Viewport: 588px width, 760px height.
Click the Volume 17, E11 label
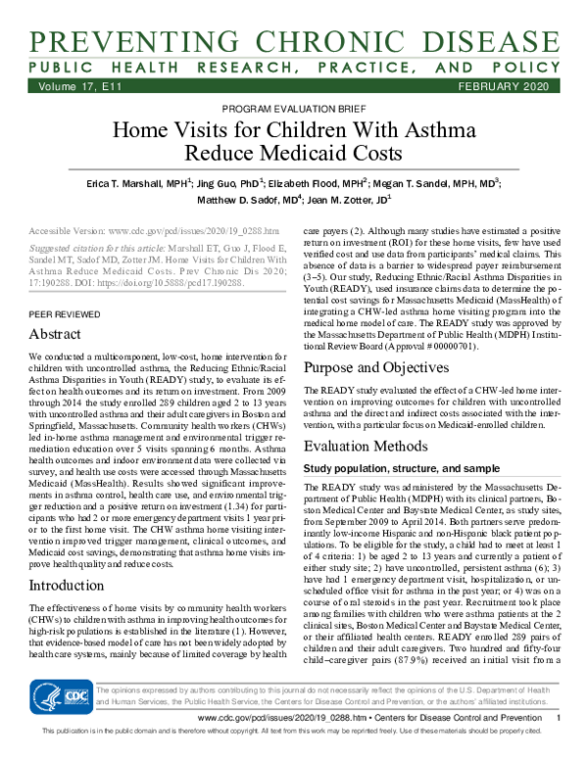click(72, 88)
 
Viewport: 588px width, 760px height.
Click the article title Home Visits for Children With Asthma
click(294, 132)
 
